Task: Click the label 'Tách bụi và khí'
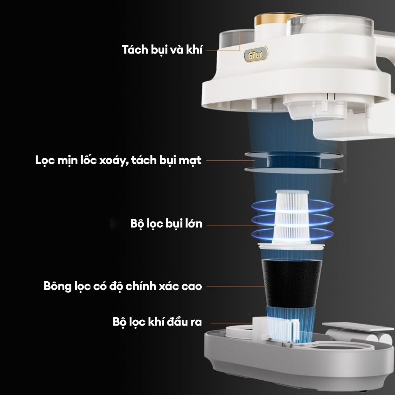(162, 49)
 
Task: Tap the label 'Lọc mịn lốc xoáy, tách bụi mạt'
(118, 160)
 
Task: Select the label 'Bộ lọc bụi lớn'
(166, 224)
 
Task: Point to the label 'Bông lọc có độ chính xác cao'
(123, 286)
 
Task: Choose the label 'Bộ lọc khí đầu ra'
(157, 322)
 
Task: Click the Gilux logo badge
(255, 55)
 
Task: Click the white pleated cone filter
(292, 217)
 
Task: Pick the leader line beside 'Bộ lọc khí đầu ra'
(231, 323)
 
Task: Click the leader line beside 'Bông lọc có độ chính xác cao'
(235, 287)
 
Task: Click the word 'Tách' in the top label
(135, 49)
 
